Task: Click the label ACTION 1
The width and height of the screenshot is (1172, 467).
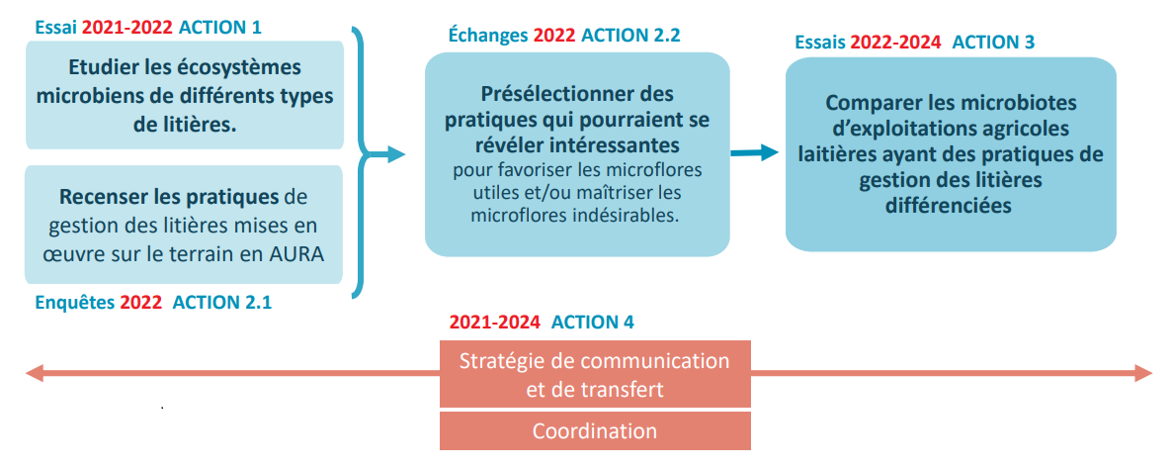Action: [x=219, y=28]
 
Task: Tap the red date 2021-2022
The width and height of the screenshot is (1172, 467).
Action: [x=127, y=28]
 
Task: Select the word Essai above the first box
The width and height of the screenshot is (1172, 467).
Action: [x=56, y=28]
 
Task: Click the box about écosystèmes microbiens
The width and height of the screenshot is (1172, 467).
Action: [x=185, y=95]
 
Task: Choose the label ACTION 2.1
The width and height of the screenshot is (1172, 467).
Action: [x=222, y=303]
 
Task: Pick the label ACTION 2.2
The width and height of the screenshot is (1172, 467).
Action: [x=630, y=35]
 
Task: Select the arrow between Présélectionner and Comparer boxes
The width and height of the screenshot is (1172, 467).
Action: [x=754, y=152]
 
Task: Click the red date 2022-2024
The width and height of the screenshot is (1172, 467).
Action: [x=894, y=42]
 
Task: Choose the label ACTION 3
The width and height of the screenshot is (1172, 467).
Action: [x=993, y=42]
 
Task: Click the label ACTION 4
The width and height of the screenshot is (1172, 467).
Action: [x=592, y=323]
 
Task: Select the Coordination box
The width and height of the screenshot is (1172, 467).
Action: [x=595, y=431]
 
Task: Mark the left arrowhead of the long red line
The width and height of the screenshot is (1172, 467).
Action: [x=35, y=373]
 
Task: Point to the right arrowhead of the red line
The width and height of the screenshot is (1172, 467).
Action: [x=1143, y=373]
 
